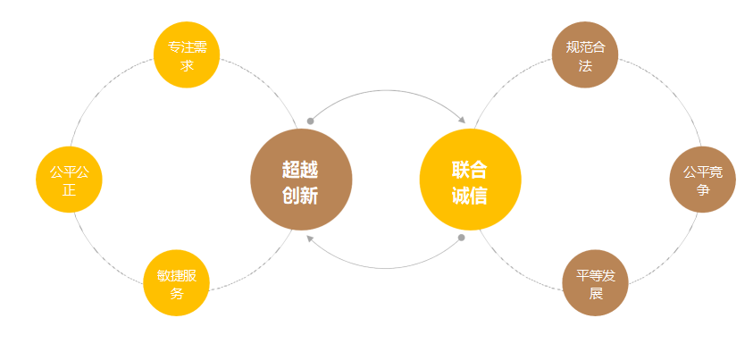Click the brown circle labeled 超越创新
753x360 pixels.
pyautogui.click(x=301, y=180)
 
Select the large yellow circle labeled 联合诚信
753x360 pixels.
pyautogui.click(x=470, y=180)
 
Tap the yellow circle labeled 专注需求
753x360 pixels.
pyautogui.click(x=187, y=55)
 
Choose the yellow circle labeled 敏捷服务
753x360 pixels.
pyautogui.click(x=177, y=283)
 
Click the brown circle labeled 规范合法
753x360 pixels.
pyautogui.click(x=585, y=55)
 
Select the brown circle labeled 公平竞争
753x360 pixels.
pyautogui.click(x=702, y=180)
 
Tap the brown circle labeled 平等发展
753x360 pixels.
pyautogui.click(x=596, y=283)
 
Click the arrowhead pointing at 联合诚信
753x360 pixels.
pyautogui.click(x=462, y=120)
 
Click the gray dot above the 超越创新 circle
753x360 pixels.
pyautogui.click(x=310, y=121)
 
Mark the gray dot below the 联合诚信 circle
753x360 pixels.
pyautogui.click(x=461, y=238)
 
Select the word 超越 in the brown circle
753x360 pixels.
pyautogui.click(x=300, y=168)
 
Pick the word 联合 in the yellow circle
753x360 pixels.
pyautogui.click(x=470, y=168)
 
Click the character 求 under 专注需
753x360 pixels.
pyautogui.click(x=187, y=65)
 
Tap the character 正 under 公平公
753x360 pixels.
pyautogui.click(x=69, y=190)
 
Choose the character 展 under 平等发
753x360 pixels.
pyautogui.click(x=596, y=293)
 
